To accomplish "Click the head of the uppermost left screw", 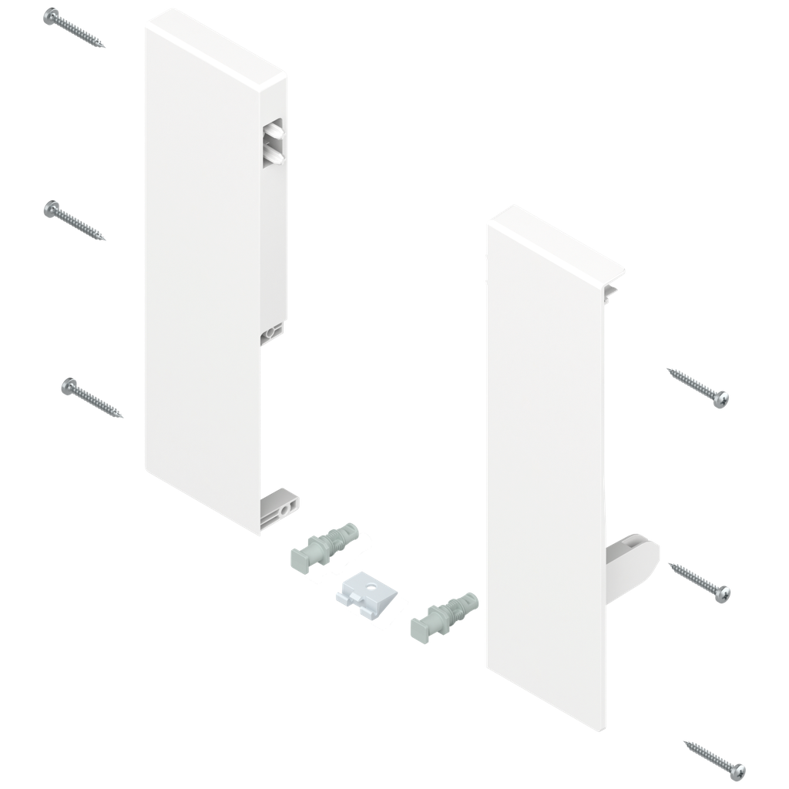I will [52, 15].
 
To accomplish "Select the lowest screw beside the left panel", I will [92, 398].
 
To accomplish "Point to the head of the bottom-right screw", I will [738, 769].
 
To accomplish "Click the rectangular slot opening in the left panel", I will [274, 142].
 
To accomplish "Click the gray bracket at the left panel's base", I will [281, 505].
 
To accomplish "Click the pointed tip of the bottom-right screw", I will [685, 744].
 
